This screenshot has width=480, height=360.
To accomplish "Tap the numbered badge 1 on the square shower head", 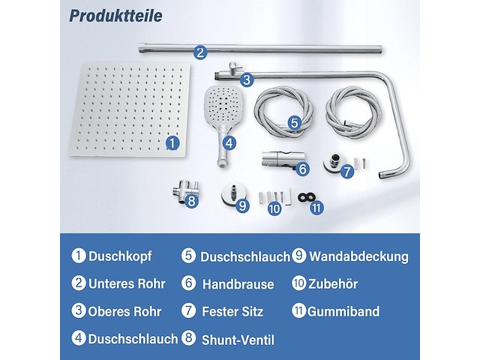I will [172, 141].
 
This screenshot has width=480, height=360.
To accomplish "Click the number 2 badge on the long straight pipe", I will [199, 52].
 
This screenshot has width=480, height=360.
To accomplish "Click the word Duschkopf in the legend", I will [120, 256].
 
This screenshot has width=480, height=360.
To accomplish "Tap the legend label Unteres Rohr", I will [124, 283].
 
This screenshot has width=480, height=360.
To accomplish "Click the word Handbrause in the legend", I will [238, 283].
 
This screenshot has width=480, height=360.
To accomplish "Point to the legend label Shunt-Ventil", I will [238, 340].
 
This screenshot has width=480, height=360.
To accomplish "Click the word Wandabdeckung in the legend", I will [359, 256].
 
